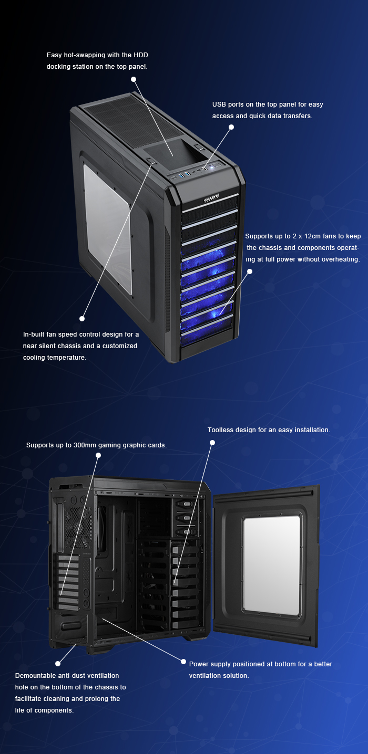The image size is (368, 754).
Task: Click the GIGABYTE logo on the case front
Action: click(212, 198)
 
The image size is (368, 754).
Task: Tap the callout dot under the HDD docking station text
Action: click(134, 79)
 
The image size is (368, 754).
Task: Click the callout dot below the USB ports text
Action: click(231, 127)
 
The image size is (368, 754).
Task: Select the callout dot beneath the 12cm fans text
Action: click(250, 271)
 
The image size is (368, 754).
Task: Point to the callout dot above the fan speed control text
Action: click(82, 318)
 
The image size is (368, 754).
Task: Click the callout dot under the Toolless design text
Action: click(212, 443)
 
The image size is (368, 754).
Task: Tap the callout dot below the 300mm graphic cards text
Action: click(98, 455)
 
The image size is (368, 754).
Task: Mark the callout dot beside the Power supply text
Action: click(183, 662)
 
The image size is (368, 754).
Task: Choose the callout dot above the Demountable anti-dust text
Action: click(58, 664)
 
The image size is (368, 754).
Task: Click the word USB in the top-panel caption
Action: click(219, 104)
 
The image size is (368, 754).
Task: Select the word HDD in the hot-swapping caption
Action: click(141, 55)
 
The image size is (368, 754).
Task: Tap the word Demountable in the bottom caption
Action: click(33, 676)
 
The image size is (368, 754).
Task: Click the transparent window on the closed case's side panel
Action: click(108, 229)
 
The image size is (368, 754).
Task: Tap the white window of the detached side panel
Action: click(272, 565)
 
